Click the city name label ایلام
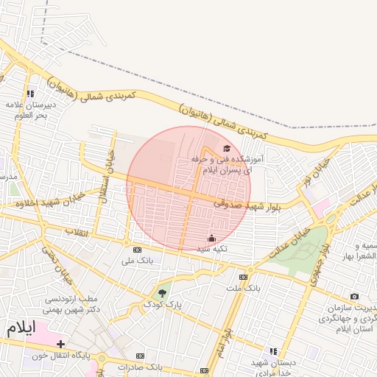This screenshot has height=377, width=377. (x=21, y=328)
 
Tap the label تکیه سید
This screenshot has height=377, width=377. (x=211, y=249)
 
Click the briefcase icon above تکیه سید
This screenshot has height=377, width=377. (x=212, y=238)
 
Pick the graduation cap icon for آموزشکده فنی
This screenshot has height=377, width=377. (x=226, y=148)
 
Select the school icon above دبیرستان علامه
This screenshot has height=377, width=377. (x=30, y=94)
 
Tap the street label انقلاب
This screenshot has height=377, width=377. (x=76, y=233)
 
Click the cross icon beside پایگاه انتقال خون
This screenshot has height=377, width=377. (x=61, y=344)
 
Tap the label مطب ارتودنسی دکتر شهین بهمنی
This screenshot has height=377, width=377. (x=72, y=304)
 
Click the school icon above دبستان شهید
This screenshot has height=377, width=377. (x=273, y=352)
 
